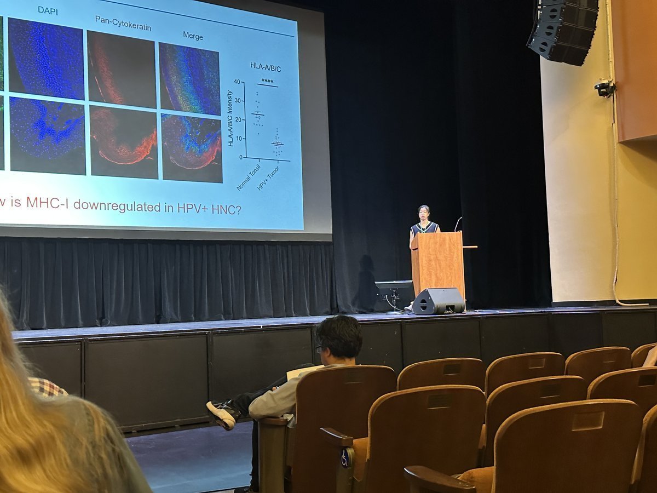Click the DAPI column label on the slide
[x=48, y=10]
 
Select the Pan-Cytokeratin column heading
[x=123, y=23]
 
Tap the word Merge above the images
[x=193, y=36]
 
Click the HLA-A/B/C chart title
[x=266, y=66]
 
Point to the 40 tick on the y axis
[x=237, y=82]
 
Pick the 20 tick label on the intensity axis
[x=237, y=119]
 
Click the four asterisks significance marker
[x=267, y=81]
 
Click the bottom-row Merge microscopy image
[x=192, y=148]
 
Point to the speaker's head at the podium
[x=423, y=211]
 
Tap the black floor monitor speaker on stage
[x=439, y=301]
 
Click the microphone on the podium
[x=457, y=223]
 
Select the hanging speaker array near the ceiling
[x=562, y=30]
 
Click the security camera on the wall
[x=604, y=88]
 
